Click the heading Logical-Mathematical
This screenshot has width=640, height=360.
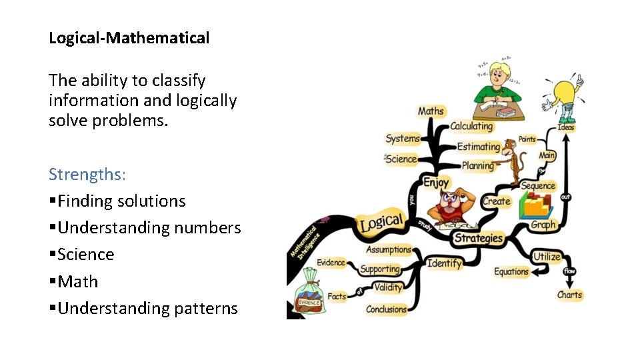pos(129,38)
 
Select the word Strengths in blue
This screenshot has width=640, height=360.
pos(87,175)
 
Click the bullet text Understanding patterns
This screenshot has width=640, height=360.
pos(147,309)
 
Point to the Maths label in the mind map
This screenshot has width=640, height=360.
pos(431,111)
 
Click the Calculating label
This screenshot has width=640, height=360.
pos(471,126)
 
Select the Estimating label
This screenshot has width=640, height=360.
pos(478,147)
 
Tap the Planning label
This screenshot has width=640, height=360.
pos(477,165)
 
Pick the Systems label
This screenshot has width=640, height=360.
pos(403,139)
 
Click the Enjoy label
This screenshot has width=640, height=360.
pos(436,182)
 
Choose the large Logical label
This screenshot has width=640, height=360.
pos(381,223)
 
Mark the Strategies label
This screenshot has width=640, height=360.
pos(478,238)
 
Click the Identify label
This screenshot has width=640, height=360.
pos(444,263)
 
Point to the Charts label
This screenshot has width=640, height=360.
pos(569,295)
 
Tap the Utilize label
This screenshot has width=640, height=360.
pos(547,257)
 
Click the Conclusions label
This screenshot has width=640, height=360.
pos(386,309)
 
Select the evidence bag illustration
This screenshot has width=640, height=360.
pos(308,294)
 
